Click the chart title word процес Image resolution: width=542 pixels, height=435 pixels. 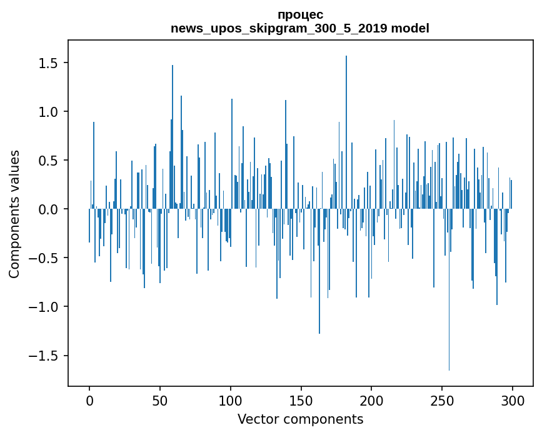[300, 15]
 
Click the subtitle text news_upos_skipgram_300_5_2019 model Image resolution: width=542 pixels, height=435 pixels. [300, 28]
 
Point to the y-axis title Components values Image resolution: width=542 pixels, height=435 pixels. [14, 214]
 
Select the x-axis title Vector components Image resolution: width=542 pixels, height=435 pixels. [300, 419]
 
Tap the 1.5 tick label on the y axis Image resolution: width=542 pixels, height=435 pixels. [48, 63]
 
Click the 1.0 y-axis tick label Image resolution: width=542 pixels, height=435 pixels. [48, 112]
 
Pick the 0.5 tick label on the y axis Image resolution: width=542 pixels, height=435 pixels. [48, 161]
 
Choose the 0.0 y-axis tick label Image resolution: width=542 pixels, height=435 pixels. [48, 209]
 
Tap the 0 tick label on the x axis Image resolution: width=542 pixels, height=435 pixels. [89, 399]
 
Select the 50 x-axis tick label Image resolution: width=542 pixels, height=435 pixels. [160, 399]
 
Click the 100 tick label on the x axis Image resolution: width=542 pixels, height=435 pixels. [231, 399]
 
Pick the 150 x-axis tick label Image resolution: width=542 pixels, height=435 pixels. [301, 399]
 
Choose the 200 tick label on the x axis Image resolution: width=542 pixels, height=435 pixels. [371, 399]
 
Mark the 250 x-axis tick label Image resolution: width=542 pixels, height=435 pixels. [442, 399]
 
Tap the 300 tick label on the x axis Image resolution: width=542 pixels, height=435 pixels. [513, 399]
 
